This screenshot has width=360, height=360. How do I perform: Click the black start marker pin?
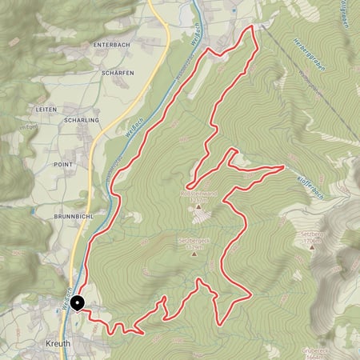coord(78,302)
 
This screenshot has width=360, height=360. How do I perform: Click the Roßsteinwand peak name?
coord(197,193)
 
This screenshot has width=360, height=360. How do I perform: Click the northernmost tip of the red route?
coord(254,26)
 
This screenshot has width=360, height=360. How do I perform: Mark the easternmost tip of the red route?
coord(284,167)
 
